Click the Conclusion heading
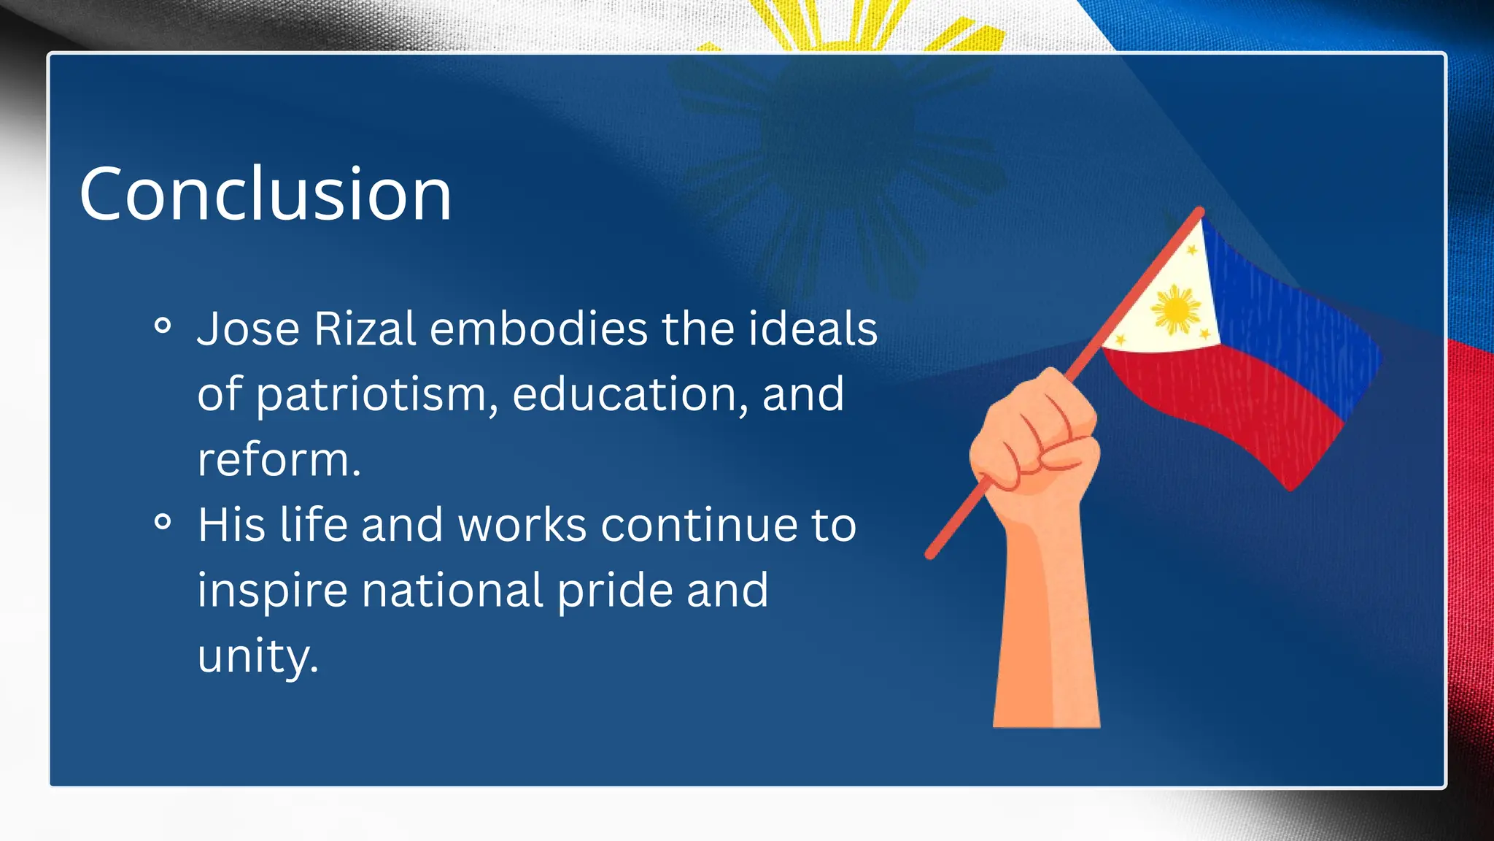click(265, 193)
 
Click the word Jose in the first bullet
click(248, 329)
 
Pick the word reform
click(279, 460)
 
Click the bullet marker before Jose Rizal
click(163, 326)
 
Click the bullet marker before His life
click(163, 521)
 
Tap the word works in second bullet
click(522, 525)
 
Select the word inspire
click(272, 591)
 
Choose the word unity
click(258, 656)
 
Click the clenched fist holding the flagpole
click(1036, 438)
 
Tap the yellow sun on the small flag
click(1175, 310)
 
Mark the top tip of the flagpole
click(1199, 212)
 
